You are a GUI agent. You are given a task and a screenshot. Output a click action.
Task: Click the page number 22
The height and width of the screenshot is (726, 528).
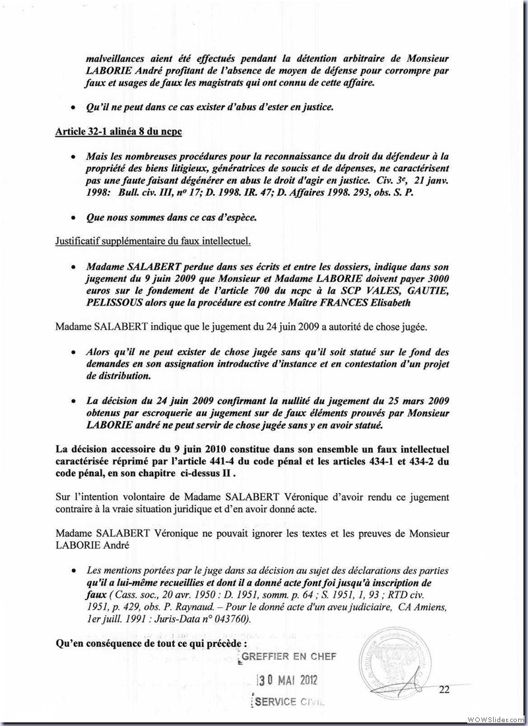pyautogui.click(x=444, y=690)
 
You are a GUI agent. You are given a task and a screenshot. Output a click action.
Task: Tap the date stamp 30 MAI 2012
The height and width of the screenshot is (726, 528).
pyautogui.click(x=290, y=680)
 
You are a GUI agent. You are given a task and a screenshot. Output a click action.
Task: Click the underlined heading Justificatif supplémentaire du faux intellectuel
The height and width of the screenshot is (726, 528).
pyautogui.click(x=152, y=241)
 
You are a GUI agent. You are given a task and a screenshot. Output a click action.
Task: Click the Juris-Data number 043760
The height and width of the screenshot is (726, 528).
pyautogui.click(x=222, y=620)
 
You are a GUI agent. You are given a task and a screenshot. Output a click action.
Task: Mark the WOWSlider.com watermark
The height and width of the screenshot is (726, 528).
pyautogui.click(x=496, y=718)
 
